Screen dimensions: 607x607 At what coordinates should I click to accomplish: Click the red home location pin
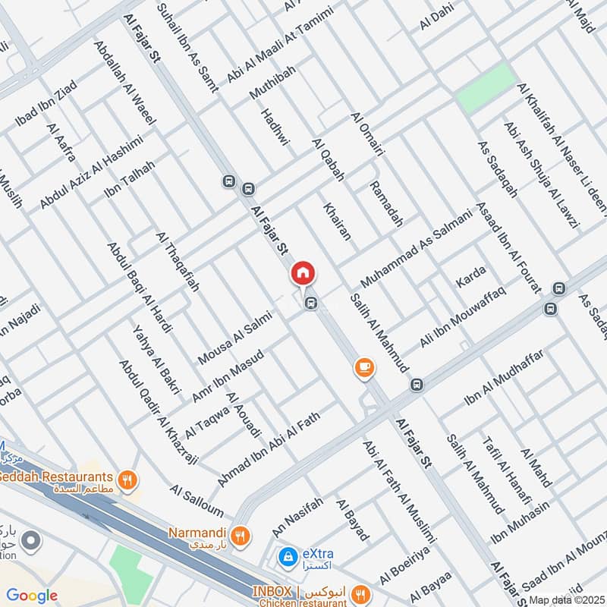click(x=303, y=273)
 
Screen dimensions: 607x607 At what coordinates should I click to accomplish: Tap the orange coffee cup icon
click(x=365, y=368)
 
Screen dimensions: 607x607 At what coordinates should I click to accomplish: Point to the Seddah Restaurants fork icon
click(x=127, y=480)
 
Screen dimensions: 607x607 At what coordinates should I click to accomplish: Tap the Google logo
click(x=32, y=596)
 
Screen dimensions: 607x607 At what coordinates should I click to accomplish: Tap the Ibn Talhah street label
click(x=130, y=179)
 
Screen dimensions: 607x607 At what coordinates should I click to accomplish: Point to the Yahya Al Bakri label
click(x=156, y=359)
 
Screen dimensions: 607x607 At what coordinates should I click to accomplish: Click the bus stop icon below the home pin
click(x=310, y=303)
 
